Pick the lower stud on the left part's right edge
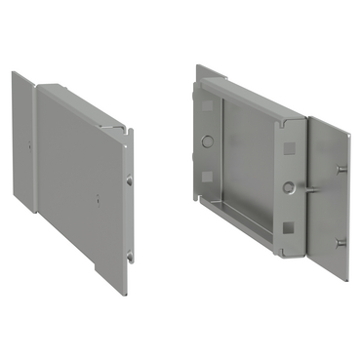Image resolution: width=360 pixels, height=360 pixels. click(129, 257)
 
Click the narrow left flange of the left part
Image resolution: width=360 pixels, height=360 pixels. click(24, 146)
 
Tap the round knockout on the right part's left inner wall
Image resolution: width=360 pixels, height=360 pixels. click(207, 140)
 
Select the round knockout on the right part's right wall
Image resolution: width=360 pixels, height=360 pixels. click(289, 186)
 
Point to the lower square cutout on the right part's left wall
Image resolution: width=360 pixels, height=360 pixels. click(207, 177)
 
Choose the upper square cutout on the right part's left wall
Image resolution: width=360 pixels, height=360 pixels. click(208, 107)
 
